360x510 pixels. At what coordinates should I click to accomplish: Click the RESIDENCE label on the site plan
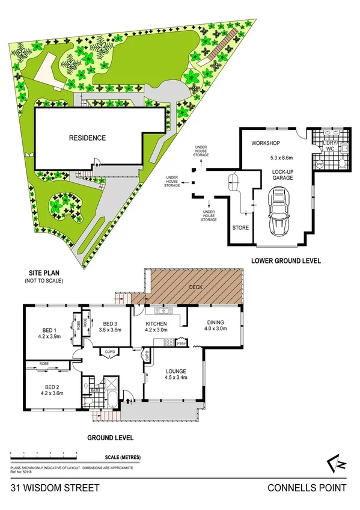pos(87,138)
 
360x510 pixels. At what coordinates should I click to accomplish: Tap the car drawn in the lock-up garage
pos(278,210)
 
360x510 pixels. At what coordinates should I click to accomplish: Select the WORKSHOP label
pos(267,143)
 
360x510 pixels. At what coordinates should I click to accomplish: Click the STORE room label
pos(240,228)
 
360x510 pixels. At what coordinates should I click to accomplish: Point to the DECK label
pos(196,287)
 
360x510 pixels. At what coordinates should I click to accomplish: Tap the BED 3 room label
pos(109,322)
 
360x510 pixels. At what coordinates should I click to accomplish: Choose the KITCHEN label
pos(156,322)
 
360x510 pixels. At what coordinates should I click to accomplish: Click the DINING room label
pos(215,322)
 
